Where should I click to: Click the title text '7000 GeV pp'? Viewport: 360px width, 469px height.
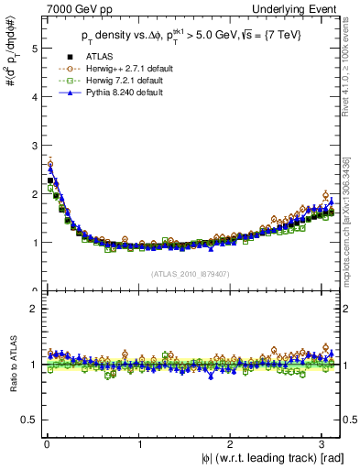pyautogui.click(x=69, y=8)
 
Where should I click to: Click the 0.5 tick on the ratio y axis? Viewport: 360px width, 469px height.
pyautogui.click(x=27, y=420)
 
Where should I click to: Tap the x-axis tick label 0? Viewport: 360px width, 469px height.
pyautogui.click(x=47, y=444)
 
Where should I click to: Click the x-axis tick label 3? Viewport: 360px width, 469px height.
pyautogui.click(x=323, y=444)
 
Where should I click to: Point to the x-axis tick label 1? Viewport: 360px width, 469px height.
pyautogui.click(x=139, y=444)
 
